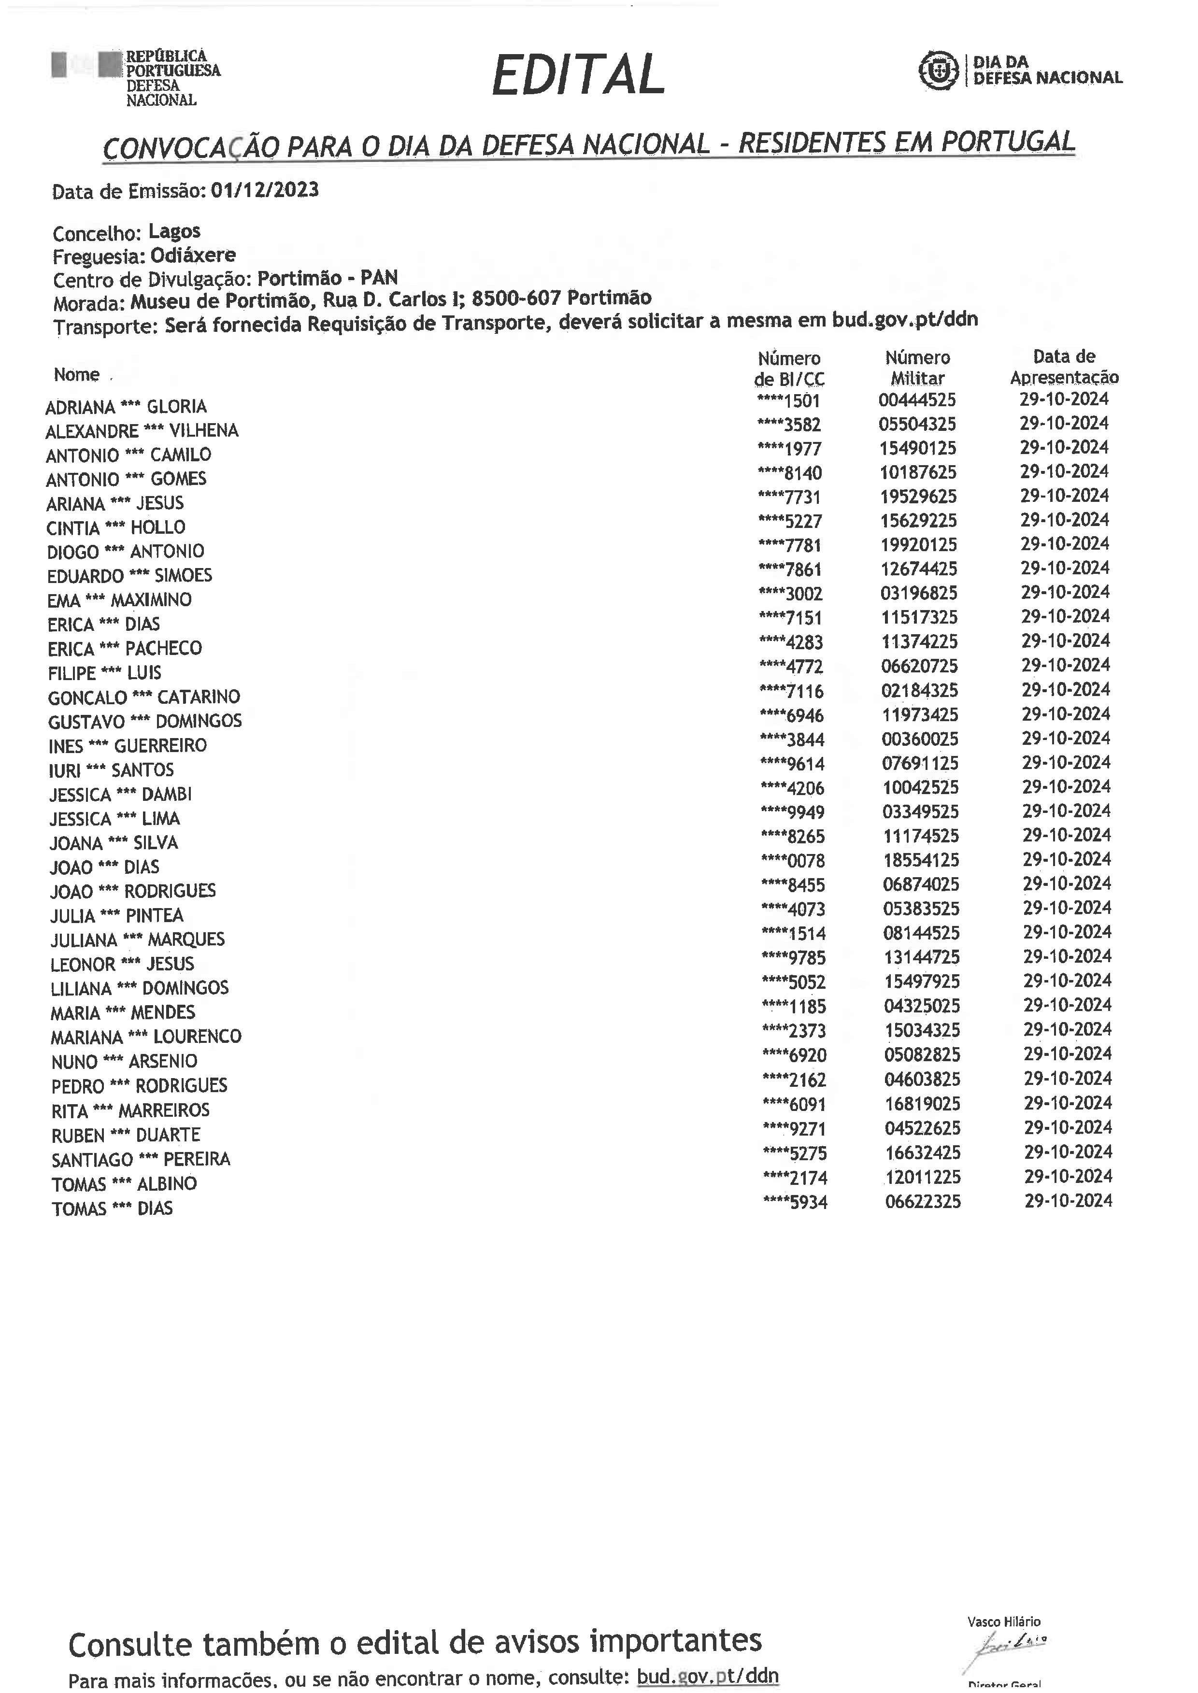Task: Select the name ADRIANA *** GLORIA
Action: [126, 407]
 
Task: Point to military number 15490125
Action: [918, 448]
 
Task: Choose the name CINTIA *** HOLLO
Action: [116, 527]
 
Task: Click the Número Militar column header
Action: [918, 368]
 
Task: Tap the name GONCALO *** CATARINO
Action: [144, 697]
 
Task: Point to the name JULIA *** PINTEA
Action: [116, 915]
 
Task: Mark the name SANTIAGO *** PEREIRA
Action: [141, 1159]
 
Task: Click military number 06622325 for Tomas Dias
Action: [923, 1202]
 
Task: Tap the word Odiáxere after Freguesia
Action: [193, 255]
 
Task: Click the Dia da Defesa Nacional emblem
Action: [938, 71]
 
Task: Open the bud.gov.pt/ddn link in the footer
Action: [707, 1675]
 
